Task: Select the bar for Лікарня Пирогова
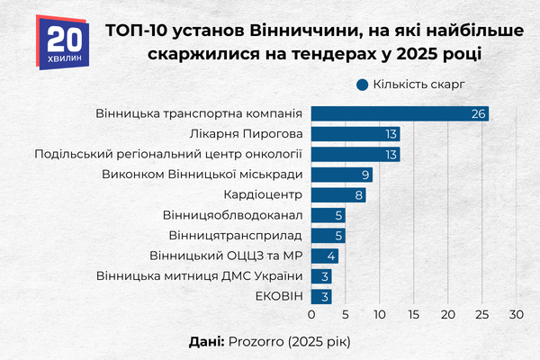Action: (355, 134)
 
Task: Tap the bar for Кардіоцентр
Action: (338, 194)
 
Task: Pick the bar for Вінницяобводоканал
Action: (328, 215)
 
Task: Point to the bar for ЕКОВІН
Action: (321, 296)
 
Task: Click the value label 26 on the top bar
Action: (479, 113)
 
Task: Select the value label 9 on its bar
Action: (365, 175)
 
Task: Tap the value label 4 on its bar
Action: (331, 256)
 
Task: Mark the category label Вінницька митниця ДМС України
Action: (199, 275)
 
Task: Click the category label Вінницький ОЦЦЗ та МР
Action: (226, 256)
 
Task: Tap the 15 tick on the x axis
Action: (414, 316)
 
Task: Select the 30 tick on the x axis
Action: (516, 316)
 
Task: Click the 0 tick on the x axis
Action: (311, 316)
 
